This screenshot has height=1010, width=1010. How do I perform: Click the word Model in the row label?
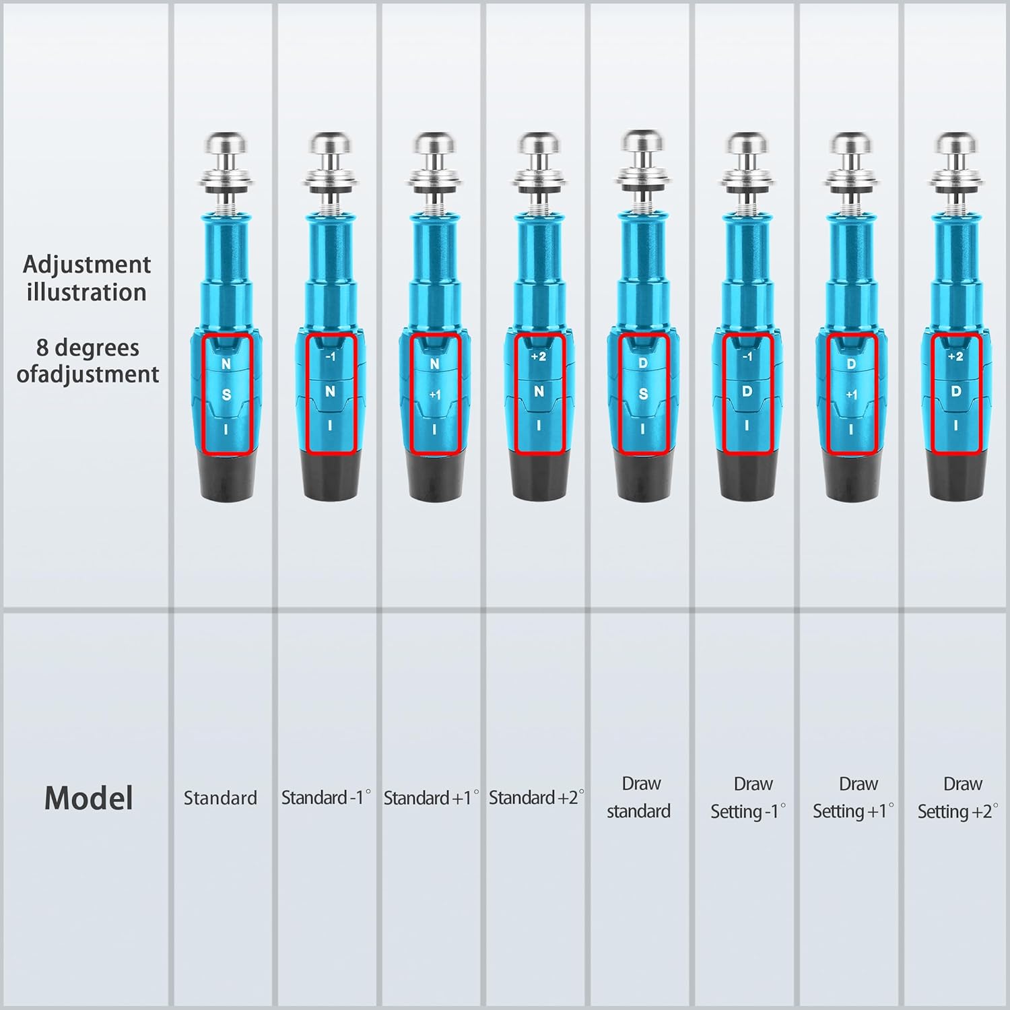[88, 798]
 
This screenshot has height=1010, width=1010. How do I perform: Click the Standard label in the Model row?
[220, 798]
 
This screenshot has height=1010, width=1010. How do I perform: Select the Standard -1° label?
[326, 798]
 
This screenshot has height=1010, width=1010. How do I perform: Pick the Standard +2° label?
[537, 798]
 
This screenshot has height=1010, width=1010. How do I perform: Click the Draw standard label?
[639, 797]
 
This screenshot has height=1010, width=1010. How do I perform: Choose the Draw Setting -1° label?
[748, 798]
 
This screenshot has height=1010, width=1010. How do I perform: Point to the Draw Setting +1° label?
[853, 798]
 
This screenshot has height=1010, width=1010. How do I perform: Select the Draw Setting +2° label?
[958, 798]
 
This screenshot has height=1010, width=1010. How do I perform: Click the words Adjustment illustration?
[87, 278]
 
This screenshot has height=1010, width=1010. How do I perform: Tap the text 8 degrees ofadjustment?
[88, 361]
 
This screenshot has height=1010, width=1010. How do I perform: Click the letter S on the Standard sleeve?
[226, 395]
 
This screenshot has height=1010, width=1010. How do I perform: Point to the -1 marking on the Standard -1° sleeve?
[330, 357]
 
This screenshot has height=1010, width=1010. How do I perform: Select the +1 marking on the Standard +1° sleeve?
[435, 395]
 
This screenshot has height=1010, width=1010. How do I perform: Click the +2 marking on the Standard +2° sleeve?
[539, 357]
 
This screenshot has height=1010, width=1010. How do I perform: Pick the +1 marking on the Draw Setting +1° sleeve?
[852, 395]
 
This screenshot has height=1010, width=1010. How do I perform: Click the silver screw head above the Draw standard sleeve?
[642, 143]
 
